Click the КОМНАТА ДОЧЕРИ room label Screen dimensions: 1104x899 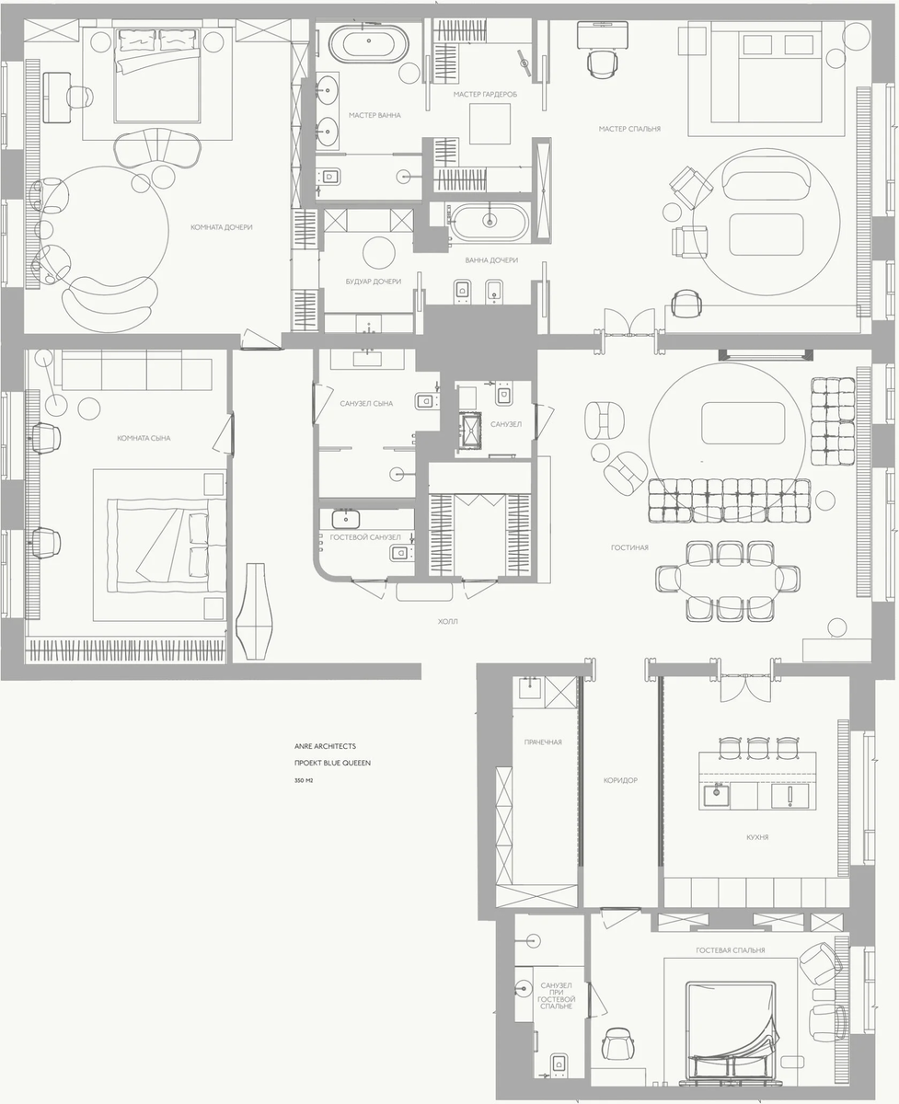tap(222, 227)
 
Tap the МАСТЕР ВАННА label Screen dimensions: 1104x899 tap(375, 116)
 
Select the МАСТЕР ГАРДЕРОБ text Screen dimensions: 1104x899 tap(485, 95)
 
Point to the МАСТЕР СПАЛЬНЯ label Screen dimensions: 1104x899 tap(628, 129)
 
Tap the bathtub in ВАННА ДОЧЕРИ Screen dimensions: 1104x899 tap(490, 221)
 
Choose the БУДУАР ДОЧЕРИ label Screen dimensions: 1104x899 tap(372, 282)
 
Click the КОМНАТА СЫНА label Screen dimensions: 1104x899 tap(144, 438)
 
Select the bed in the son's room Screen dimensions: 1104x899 tap(166, 545)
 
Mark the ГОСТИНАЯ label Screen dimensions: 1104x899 tap(629, 547)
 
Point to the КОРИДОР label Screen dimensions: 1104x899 tap(619, 780)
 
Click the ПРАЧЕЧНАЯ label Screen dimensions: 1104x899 tap(543, 742)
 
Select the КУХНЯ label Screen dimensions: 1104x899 tap(757, 838)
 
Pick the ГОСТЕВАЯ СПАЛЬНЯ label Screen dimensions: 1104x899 tap(732, 950)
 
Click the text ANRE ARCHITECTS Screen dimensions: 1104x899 tap(331, 746)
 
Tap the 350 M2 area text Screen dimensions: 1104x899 tap(304, 780)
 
